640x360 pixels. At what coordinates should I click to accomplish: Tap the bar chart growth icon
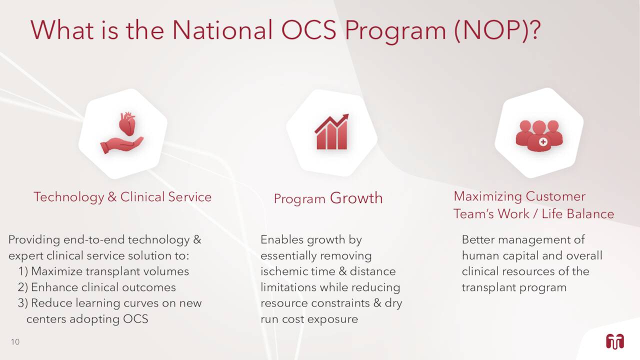coord(331,131)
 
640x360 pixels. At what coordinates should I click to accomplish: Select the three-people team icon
coord(539,135)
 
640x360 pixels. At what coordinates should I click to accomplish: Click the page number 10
coord(15,341)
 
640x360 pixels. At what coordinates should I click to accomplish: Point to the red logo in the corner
coord(615,341)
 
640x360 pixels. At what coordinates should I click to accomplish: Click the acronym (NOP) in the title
coord(497,30)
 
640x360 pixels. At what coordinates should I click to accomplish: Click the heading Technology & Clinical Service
coord(122,197)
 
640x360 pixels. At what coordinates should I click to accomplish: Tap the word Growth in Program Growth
coord(356,197)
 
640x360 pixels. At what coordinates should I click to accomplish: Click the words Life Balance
coord(577,213)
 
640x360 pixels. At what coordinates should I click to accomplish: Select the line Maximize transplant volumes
coord(110,271)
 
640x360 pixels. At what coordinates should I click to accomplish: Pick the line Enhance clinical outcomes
coord(103,287)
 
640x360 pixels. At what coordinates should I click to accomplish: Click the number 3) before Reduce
coord(23,303)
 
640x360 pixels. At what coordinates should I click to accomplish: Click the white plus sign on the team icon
coord(543,141)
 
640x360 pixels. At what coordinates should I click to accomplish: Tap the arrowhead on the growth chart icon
coord(345,117)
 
